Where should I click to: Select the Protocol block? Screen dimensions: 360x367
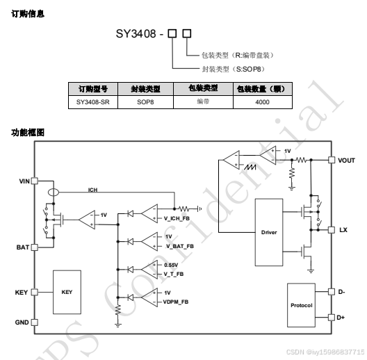pyautogui.click(x=302, y=305)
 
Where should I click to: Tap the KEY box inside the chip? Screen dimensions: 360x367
pyautogui.click(x=67, y=292)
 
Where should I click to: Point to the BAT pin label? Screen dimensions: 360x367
pyautogui.click(x=23, y=247)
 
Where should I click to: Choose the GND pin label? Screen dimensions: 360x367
pyautogui.click(x=22, y=322)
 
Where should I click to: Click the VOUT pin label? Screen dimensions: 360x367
pyautogui.click(x=346, y=160)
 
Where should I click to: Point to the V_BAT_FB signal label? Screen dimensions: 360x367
pyautogui.click(x=179, y=246)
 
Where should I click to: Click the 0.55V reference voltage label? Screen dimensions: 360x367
pyautogui.click(x=172, y=265)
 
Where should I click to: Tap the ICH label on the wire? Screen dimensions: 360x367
pyautogui.click(x=92, y=189)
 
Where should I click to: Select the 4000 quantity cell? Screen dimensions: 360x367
pyautogui.click(x=262, y=102)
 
